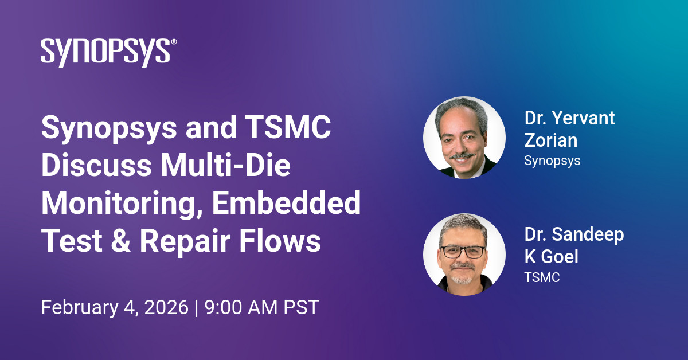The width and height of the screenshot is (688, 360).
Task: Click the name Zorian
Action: [551, 140]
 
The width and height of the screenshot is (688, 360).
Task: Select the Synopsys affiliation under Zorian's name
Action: [552, 161]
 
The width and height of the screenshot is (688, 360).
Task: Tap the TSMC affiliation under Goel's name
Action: [542, 277]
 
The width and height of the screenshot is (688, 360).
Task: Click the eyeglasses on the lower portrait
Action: [463, 252]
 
